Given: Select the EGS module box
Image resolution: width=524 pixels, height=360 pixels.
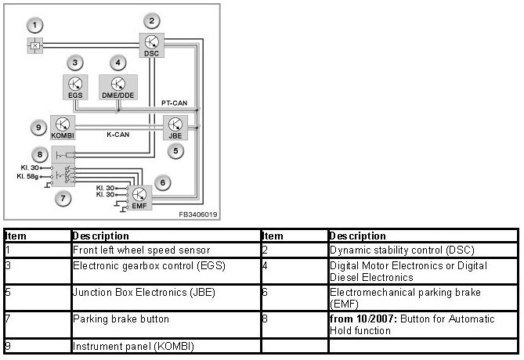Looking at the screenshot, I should point(74,87).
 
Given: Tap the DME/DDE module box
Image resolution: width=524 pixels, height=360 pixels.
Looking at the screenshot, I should point(117,87).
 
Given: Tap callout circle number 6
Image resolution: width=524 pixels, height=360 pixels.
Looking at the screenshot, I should point(162,182).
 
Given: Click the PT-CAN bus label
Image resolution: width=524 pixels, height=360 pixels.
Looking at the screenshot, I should point(174,103).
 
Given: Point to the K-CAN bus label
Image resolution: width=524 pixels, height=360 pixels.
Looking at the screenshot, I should point(118,135).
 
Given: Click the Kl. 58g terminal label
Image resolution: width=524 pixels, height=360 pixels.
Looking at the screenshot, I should point(31,176).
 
